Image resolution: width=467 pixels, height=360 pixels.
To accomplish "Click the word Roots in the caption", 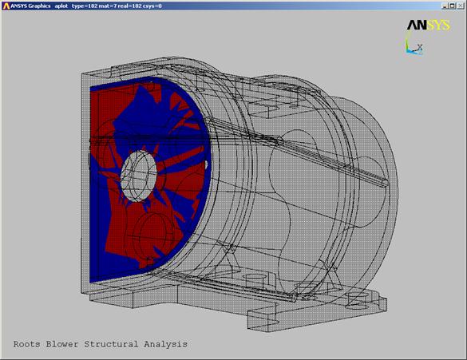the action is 27,344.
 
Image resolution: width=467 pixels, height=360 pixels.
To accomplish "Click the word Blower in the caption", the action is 62,344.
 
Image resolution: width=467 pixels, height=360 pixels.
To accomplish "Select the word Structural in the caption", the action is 111,344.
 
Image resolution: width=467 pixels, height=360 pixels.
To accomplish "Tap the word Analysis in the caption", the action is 165,345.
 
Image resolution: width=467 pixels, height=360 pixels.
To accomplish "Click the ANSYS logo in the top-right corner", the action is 429,25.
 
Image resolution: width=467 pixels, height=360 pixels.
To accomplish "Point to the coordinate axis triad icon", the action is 414,47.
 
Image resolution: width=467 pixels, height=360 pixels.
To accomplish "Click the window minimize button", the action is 445,6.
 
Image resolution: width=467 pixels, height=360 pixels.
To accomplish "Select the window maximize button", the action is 452,6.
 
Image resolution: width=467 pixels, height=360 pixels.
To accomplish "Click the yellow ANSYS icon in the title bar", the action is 6,6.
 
